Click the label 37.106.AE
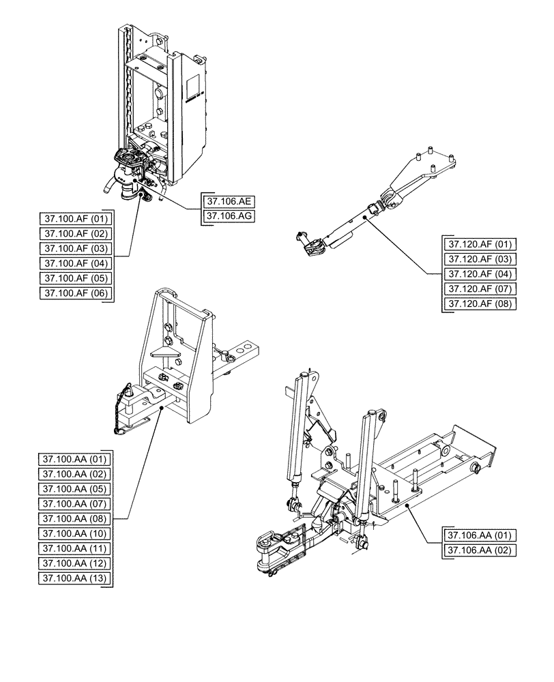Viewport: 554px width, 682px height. click(230, 201)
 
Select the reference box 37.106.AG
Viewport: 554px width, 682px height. click(230, 216)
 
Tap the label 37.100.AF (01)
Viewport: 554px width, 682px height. click(75, 219)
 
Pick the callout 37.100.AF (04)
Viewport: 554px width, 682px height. click(75, 263)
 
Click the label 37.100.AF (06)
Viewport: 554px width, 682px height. click(75, 293)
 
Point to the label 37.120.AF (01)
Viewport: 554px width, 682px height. click(480, 244)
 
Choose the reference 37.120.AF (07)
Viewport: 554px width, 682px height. click(480, 289)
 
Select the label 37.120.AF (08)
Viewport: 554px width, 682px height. click(480, 304)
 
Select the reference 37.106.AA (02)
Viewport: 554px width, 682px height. click(480, 550)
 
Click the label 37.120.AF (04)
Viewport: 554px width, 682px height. click(480, 274)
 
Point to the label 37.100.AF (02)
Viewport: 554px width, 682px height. click(75, 233)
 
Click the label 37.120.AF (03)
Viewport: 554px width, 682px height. click(480, 259)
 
